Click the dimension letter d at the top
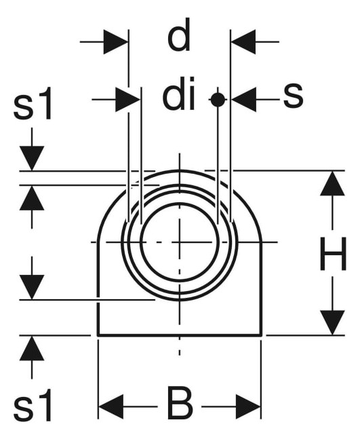coord(179,35)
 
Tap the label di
coord(179,93)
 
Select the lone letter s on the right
coord(293,96)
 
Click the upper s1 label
coord(33,103)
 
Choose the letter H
coord(333,254)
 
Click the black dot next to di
coord(218,99)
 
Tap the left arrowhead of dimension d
coord(116,41)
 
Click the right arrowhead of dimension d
coord(243,41)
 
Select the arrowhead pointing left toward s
coord(244,99)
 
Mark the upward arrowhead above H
coord(332,183)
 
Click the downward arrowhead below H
coord(332,322)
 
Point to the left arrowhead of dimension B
coord(111,406)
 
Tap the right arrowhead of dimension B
coord(248,406)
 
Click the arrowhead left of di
coord(127,99)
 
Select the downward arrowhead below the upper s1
coord(32,158)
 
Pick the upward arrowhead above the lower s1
coord(32,348)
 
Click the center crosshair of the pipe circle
coord(180,242)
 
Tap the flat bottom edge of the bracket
coord(180,335)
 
